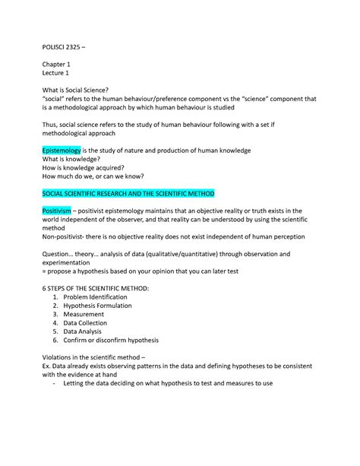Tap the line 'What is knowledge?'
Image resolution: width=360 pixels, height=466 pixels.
point(74,160)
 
